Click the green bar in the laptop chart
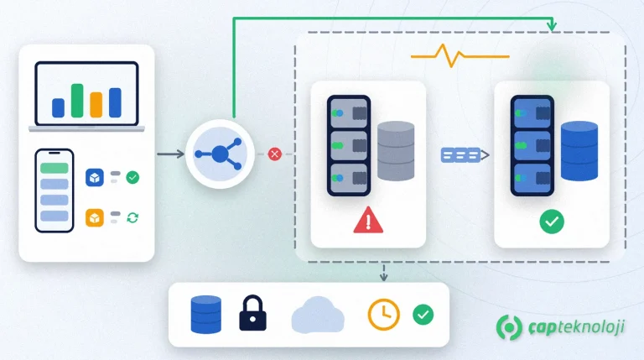click(77, 101)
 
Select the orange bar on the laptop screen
click(96, 105)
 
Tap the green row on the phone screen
click(55, 168)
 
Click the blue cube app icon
click(95, 178)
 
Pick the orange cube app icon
click(95, 218)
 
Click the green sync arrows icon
click(132, 217)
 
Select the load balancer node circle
click(221, 154)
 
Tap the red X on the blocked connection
click(275, 154)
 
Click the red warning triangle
click(368, 220)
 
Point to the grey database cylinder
click(396, 151)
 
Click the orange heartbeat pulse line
click(460, 55)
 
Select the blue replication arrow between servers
click(465, 155)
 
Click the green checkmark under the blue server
click(552, 222)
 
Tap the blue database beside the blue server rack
click(579, 151)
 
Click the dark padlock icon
click(252, 313)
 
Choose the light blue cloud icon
click(318, 315)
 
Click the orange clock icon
click(383, 315)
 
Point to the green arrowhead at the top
click(552, 25)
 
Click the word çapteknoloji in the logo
click(576, 327)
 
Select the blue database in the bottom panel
click(206, 315)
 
